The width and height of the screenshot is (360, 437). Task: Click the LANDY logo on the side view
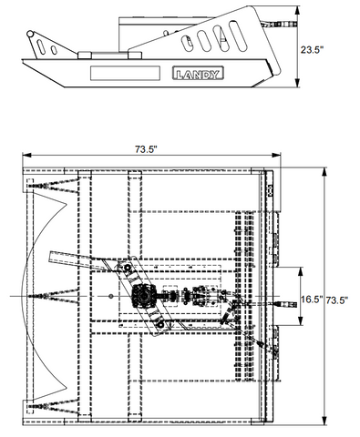(x=198, y=73)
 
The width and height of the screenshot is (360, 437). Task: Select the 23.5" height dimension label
(x=310, y=50)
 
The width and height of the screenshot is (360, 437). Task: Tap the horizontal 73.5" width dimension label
(x=146, y=149)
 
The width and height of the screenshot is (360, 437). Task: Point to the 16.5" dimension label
(x=312, y=300)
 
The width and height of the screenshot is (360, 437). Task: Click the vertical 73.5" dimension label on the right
(x=337, y=300)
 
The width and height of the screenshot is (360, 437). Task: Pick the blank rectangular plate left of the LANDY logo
(x=125, y=73)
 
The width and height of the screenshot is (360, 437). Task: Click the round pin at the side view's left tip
(x=30, y=34)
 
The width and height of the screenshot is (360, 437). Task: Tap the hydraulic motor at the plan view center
(x=144, y=297)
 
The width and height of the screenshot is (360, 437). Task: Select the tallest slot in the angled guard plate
(x=238, y=36)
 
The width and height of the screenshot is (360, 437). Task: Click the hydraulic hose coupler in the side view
(x=283, y=25)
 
